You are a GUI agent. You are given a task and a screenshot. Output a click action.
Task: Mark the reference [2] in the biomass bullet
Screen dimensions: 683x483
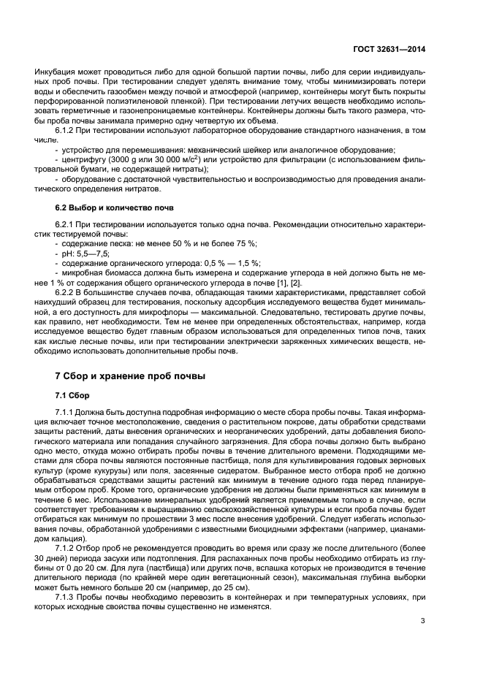pos(294,283)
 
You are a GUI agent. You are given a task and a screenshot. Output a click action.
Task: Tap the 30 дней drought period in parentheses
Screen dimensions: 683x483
pos(65,557)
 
